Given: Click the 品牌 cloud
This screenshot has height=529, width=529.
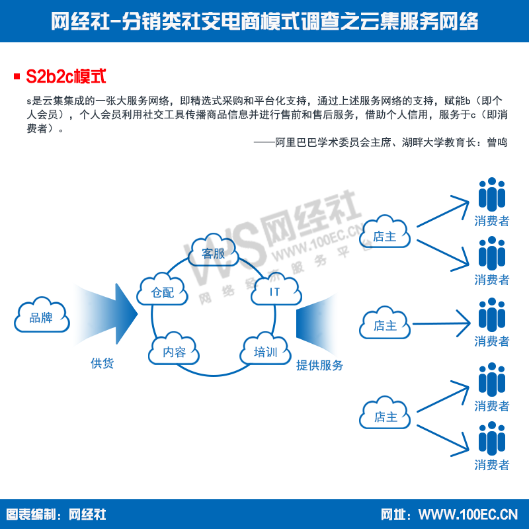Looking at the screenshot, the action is (42, 315).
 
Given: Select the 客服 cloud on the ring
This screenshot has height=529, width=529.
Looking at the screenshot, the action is (213, 250).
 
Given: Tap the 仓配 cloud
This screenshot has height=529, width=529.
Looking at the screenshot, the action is (162, 289).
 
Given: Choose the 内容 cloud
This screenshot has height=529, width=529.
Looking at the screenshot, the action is (174, 348).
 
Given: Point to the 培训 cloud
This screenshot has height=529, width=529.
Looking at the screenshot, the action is (266, 348).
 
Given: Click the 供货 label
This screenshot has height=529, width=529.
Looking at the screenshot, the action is (102, 363).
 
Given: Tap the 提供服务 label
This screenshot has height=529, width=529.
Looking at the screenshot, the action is (319, 365).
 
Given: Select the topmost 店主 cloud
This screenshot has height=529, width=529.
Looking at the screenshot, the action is (385, 231).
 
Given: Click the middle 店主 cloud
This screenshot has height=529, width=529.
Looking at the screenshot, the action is (385, 323).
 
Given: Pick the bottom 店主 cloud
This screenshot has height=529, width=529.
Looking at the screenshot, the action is (385, 413).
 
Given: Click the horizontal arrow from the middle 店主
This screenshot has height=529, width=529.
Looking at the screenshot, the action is (441, 323).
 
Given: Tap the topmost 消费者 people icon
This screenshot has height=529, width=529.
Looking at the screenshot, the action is (492, 194).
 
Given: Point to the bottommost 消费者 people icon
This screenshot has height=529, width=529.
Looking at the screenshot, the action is (492, 438).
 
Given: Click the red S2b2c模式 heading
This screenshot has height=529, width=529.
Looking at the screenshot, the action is (66, 76).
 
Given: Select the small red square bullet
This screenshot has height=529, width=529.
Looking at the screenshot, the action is (17, 76).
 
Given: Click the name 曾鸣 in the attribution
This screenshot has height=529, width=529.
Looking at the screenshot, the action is (497, 142).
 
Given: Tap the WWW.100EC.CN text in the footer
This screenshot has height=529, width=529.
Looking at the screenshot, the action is (468, 514).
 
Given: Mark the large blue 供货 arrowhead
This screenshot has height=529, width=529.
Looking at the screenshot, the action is (127, 313).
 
